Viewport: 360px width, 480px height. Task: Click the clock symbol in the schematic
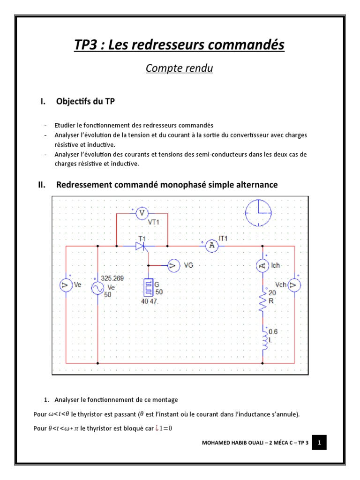coord(258,212)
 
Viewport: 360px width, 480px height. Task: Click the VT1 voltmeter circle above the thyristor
coord(142,214)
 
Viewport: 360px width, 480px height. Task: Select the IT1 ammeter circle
coord(212,245)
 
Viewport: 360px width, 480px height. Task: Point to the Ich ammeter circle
coord(262,266)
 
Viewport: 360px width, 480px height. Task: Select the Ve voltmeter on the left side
coord(66,285)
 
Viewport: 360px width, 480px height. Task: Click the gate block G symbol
coord(149,287)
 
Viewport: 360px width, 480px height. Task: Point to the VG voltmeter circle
coord(173,266)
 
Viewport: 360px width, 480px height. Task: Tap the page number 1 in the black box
coord(319,442)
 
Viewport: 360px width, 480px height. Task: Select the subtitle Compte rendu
coord(180,68)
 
